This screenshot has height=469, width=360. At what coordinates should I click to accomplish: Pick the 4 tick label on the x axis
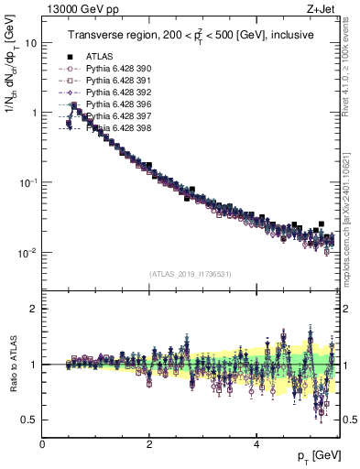pyautogui.click(x=256, y=444)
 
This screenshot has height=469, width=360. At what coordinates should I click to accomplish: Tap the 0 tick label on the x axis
pyautogui.click(x=43, y=444)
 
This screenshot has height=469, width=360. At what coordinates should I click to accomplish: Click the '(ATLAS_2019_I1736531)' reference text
pyautogui.click(x=191, y=274)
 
